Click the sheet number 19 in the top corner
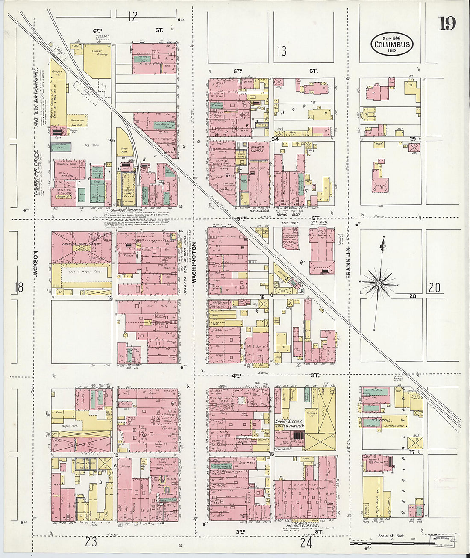click(447, 23)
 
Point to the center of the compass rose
click(379, 283)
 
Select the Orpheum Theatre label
click(257, 149)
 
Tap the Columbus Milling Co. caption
click(128, 210)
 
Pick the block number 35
click(112, 140)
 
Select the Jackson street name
click(36, 263)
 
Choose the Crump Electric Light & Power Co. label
click(290, 424)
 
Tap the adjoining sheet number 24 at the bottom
click(306, 543)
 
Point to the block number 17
click(412, 452)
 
